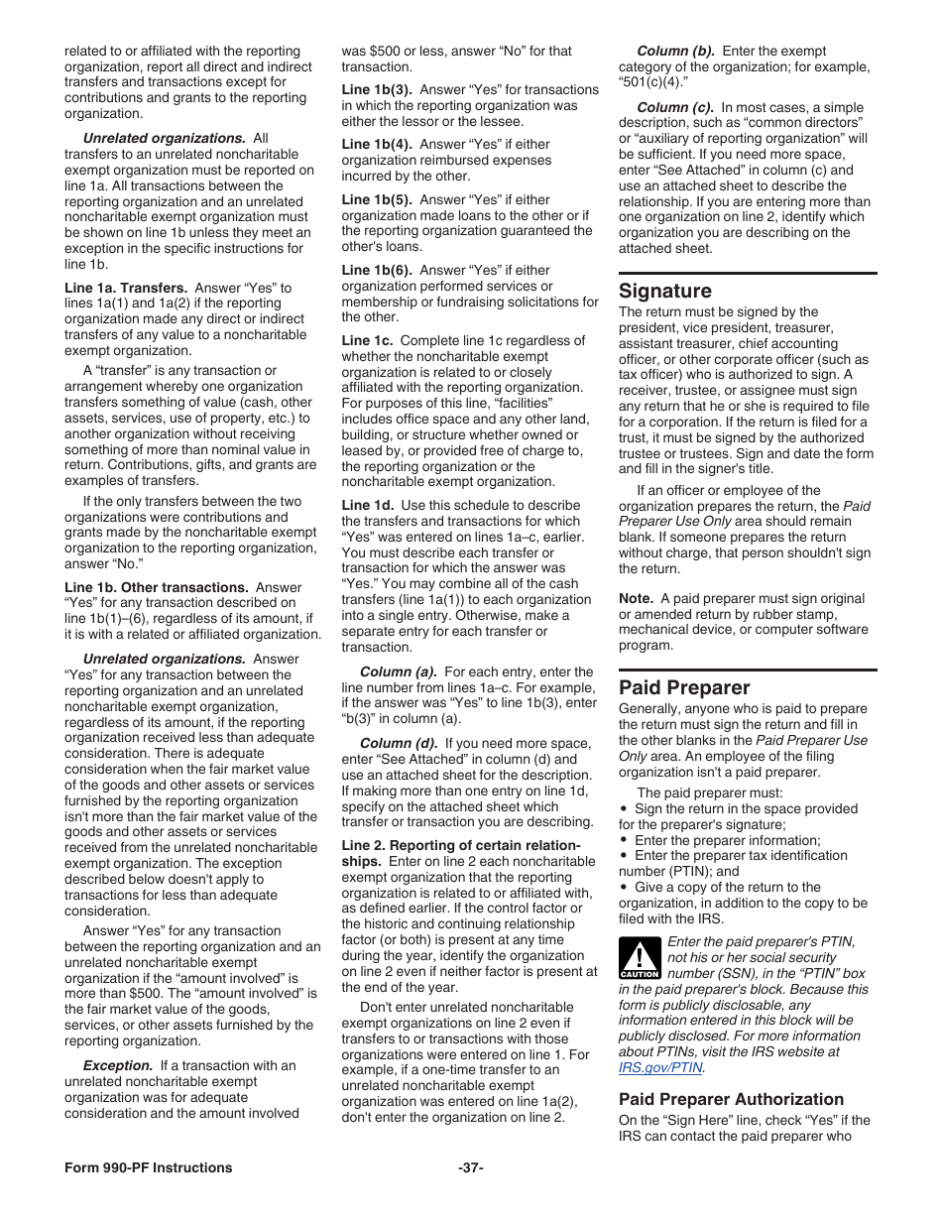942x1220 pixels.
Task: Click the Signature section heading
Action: pos(665,291)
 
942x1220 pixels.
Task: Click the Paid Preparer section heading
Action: pos(684,687)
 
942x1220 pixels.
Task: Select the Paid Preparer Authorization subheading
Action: pos(731,1099)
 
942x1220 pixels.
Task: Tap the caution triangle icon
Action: pos(639,958)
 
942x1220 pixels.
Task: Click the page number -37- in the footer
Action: pos(471,1167)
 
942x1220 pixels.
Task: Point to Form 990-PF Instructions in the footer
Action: pos(149,1167)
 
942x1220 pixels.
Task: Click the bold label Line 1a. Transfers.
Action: pos(126,288)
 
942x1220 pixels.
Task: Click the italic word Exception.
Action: pos(118,1065)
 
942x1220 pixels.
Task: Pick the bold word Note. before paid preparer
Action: pos(636,598)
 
